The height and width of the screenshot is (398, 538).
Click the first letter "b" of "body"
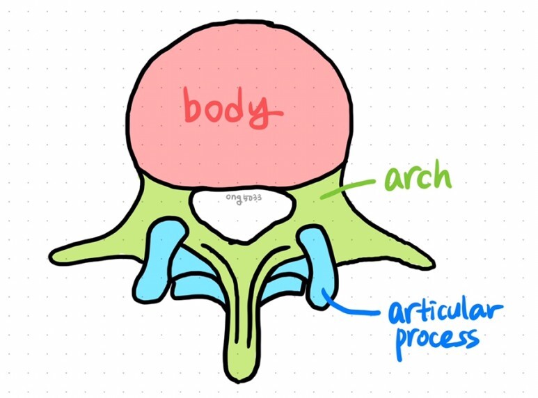point(194,105)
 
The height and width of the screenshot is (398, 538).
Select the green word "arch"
point(418,179)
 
